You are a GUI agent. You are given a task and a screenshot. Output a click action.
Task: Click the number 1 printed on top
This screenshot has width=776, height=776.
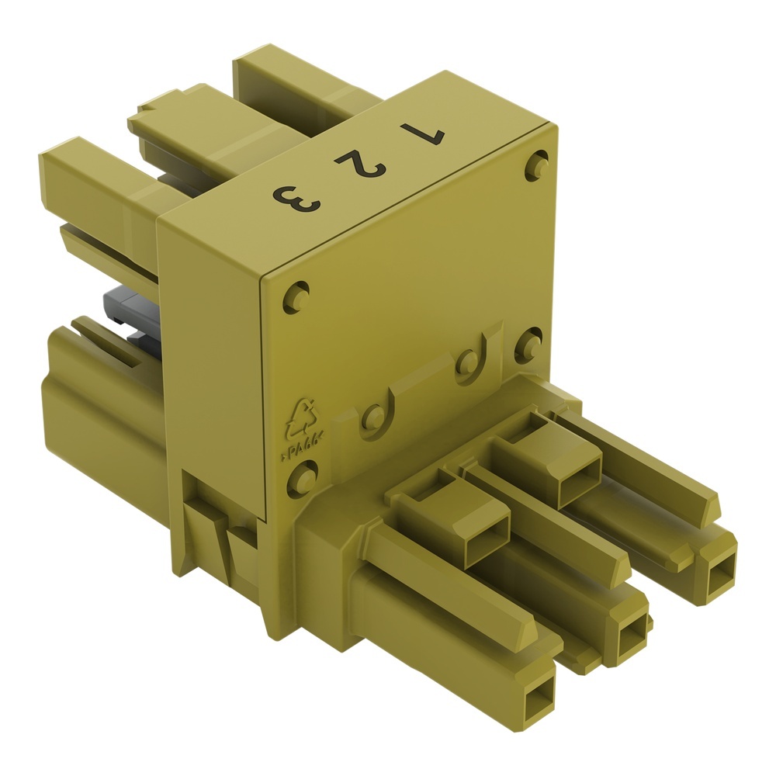pos(422,134)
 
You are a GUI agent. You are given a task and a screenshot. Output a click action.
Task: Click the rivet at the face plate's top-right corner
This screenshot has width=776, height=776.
pos(536,165)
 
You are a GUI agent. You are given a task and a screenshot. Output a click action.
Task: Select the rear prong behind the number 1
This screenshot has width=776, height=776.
pos(303,78)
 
